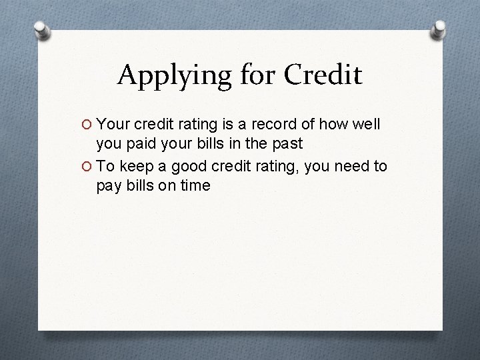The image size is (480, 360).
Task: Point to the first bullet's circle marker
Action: point(87,124)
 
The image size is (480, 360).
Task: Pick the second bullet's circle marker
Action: point(87,165)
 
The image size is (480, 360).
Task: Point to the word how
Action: point(329,123)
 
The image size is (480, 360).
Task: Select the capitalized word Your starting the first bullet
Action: point(113,123)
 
